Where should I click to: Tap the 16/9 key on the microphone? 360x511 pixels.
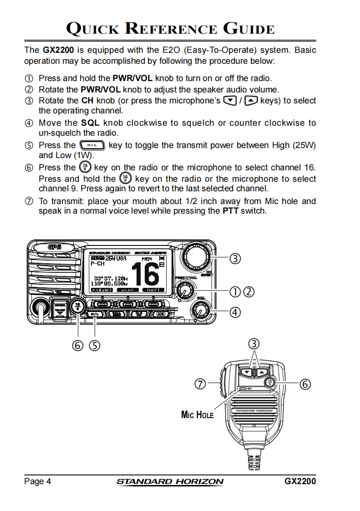tap(271, 383)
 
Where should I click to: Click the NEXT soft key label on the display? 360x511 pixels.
tap(153, 290)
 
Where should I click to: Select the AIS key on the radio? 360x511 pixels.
tap(160, 314)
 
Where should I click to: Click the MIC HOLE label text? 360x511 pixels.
tap(197, 415)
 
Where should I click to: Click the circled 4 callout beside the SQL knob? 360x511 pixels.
tap(235, 312)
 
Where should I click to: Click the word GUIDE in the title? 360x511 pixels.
tap(248, 29)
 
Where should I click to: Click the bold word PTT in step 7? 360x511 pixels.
tap(230, 211)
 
